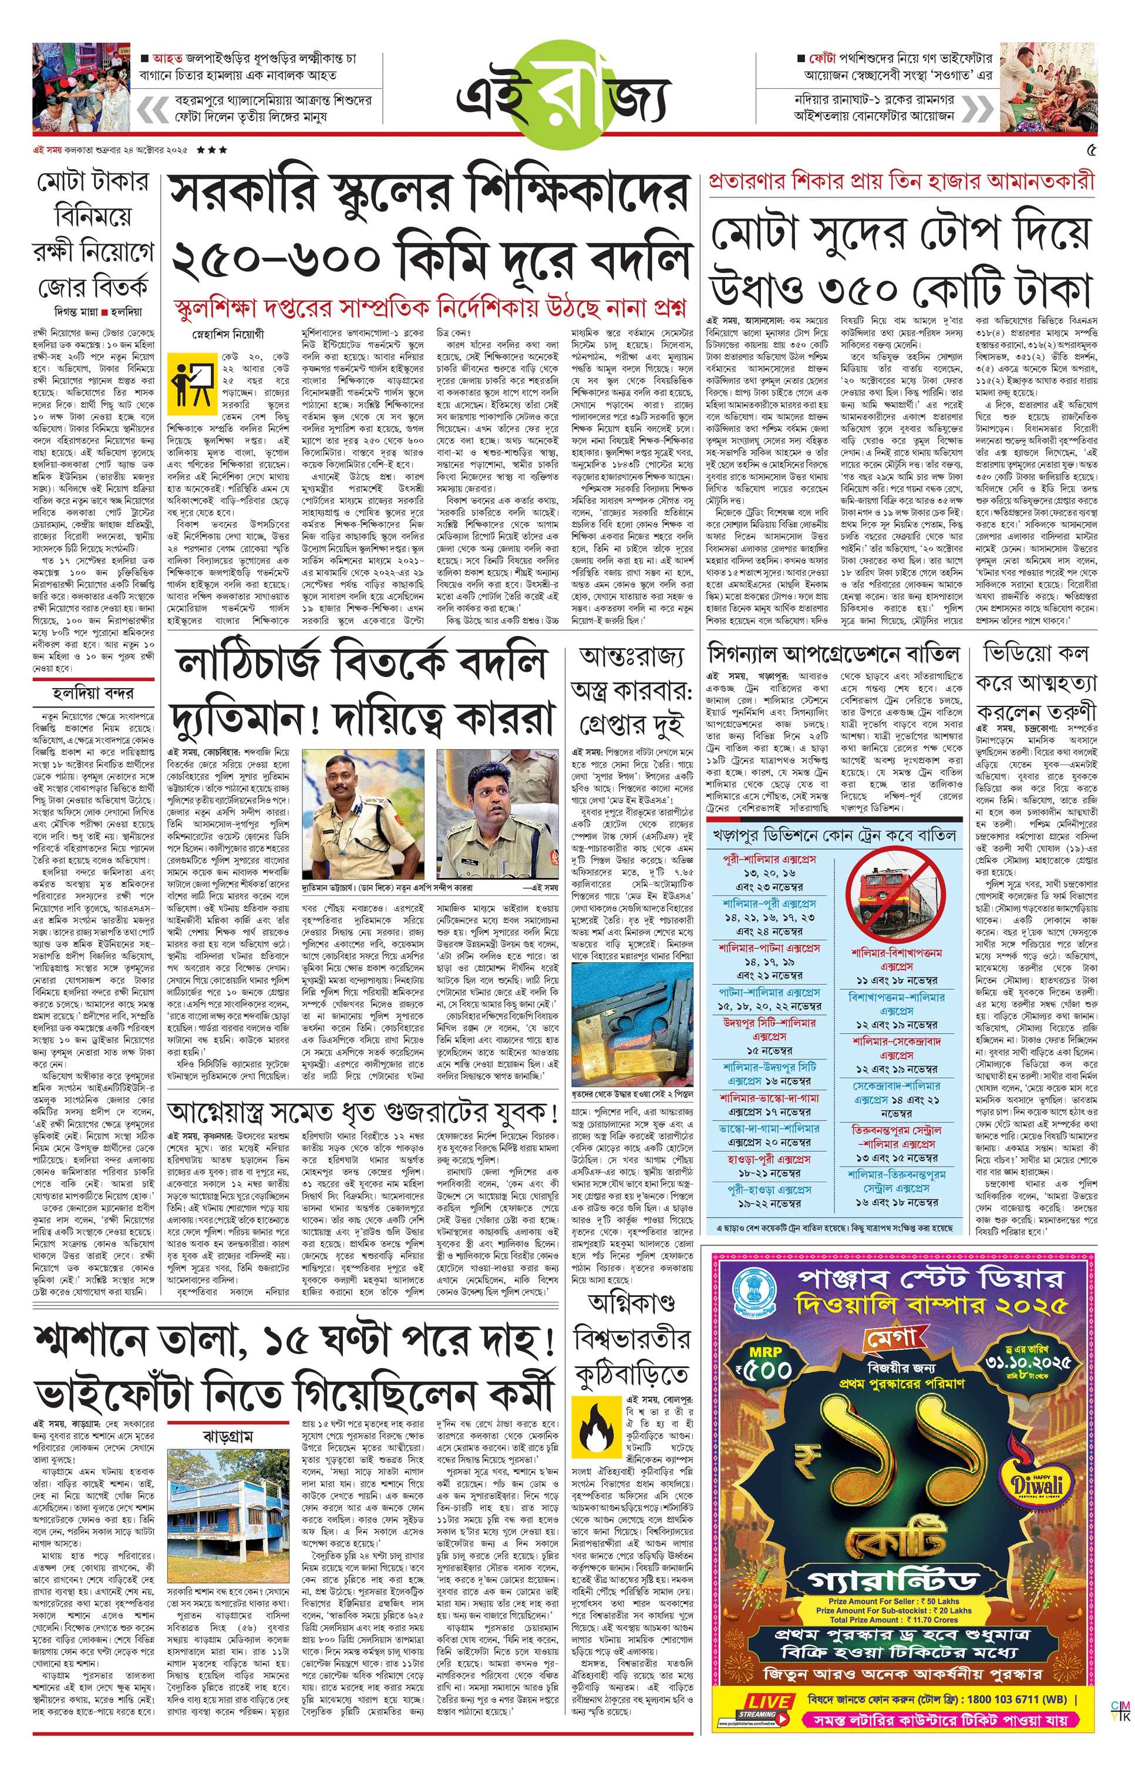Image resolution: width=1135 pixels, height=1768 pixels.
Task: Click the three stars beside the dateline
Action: (212, 150)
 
